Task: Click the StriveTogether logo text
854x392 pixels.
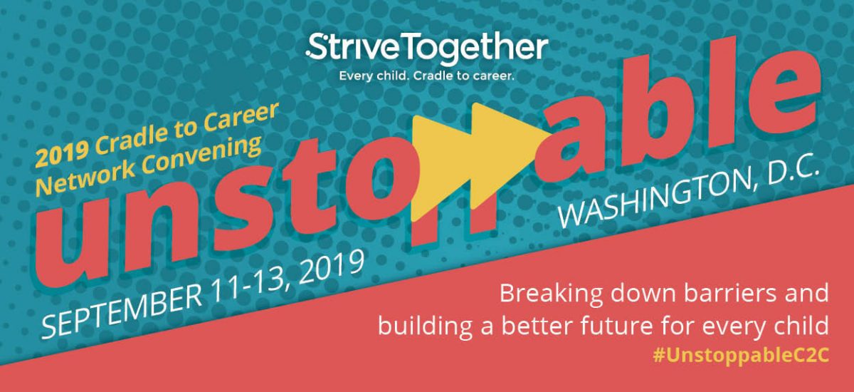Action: click(x=427, y=48)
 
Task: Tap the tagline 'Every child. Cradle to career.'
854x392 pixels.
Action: click(x=426, y=75)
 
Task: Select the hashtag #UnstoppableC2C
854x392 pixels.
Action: click(x=741, y=356)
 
